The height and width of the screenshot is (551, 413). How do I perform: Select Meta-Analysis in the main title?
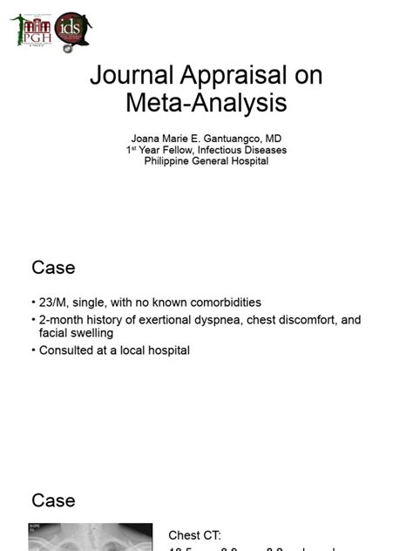206,103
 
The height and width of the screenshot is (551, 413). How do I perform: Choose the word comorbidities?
222,303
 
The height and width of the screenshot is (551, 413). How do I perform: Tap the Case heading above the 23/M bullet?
53,268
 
